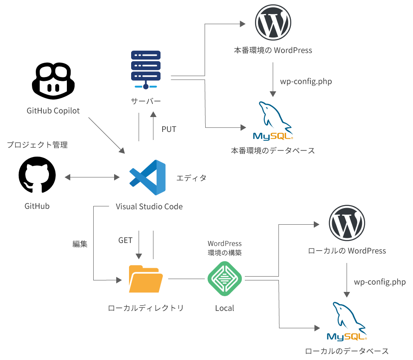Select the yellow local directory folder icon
click(x=146, y=279)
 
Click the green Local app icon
click(x=224, y=280)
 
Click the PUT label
click(x=169, y=129)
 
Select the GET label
click(x=125, y=240)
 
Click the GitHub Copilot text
click(x=53, y=111)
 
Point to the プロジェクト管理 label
click(x=37, y=145)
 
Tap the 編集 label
click(x=80, y=244)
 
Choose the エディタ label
click(x=191, y=178)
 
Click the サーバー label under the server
click(x=146, y=102)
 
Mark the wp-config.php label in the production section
click(x=306, y=81)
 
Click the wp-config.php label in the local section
click(x=380, y=282)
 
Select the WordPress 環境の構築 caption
click(x=224, y=248)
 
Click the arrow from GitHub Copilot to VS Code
click(x=106, y=135)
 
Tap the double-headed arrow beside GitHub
click(x=92, y=177)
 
